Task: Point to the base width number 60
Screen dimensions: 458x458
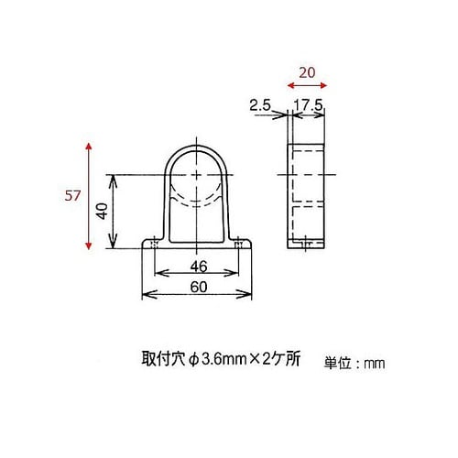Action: [x=197, y=287]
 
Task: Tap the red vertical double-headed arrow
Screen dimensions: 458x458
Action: [x=89, y=195]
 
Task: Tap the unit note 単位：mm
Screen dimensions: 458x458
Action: [x=354, y=364]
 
